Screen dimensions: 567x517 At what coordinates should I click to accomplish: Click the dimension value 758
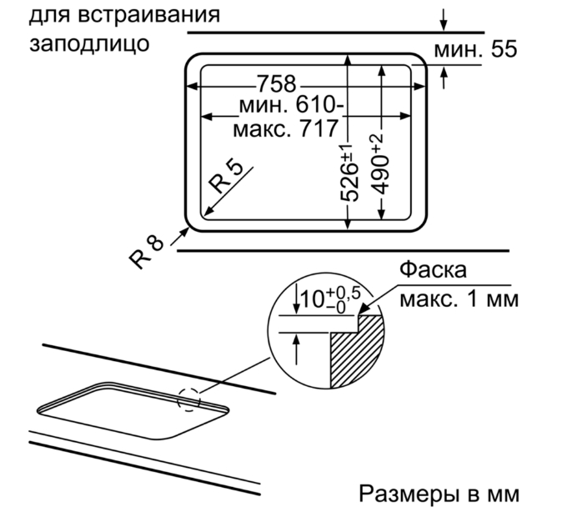click(277, 84)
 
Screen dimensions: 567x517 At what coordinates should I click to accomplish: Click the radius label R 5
click(227, 177)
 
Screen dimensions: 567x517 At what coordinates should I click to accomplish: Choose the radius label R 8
click(147, 252)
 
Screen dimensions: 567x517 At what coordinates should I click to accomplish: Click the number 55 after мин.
click(504, 49)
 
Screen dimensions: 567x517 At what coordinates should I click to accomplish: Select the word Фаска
click(433, 269)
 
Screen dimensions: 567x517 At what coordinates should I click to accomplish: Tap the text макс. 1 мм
click(459, 299)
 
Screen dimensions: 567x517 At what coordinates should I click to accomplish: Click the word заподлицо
click(89, 43)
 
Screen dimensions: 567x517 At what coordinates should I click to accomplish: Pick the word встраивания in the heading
click(148, 14)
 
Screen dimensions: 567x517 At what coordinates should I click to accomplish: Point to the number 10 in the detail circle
click(312, 299)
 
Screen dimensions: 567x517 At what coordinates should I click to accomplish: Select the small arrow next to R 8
click(179, 237)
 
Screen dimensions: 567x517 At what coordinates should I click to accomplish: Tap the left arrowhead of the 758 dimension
click(191, 87)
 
